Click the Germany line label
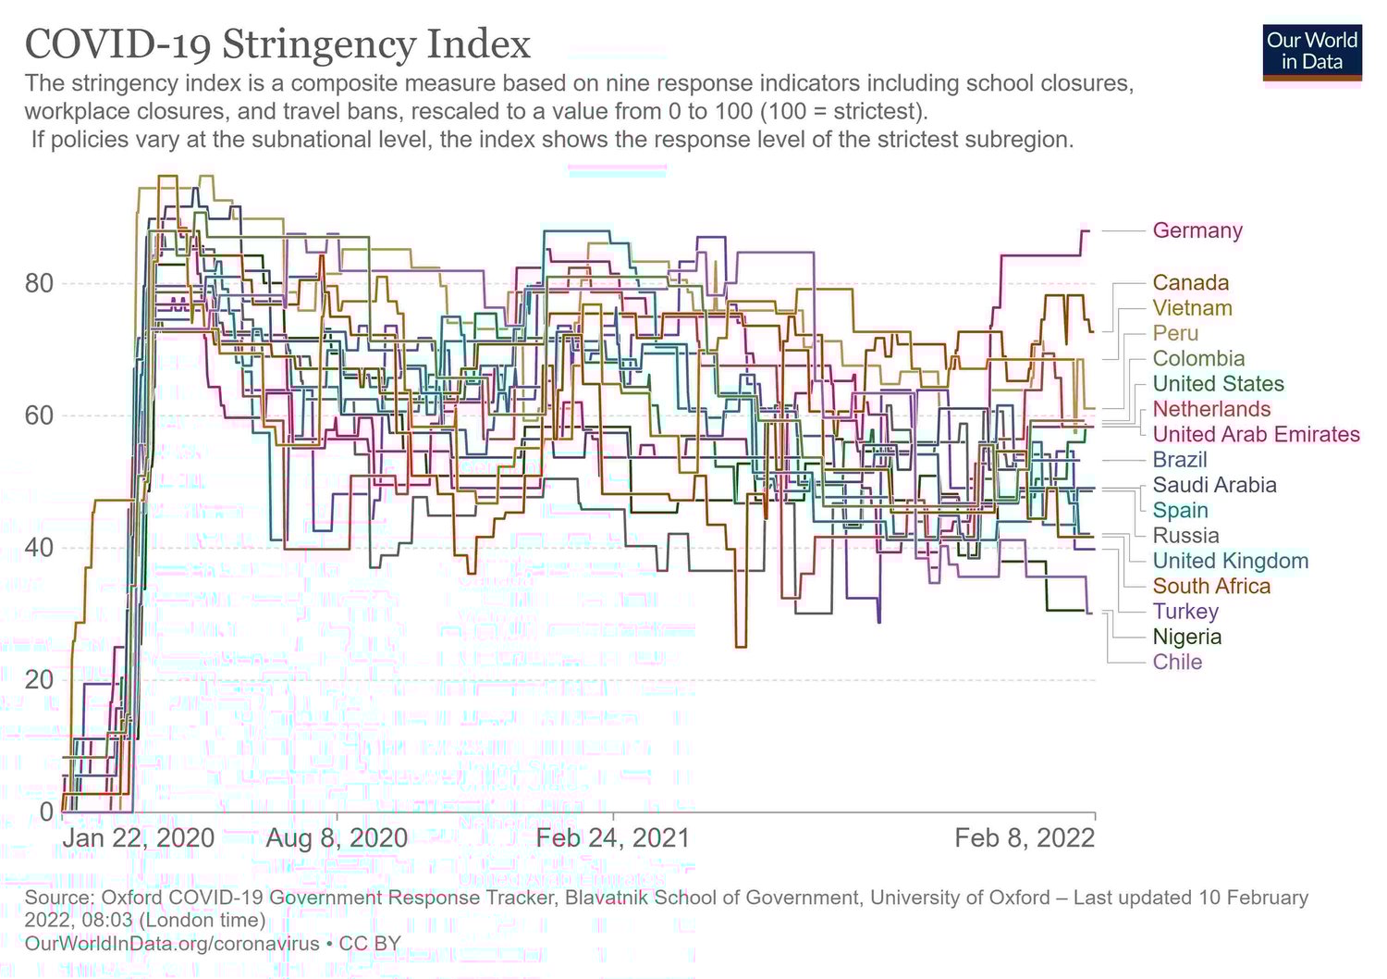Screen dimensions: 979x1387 1197,230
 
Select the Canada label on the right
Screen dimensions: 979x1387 1190,283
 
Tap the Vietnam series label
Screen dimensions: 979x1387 1192,308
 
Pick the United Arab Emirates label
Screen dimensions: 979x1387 1256,435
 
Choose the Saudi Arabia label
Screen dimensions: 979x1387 1214,485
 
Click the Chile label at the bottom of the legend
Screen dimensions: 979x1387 1177,663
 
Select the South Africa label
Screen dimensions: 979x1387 1211,587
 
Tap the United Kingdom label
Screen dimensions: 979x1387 1230,561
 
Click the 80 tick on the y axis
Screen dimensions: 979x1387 39,283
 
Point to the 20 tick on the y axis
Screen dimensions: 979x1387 39,680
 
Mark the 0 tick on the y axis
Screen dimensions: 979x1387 46,812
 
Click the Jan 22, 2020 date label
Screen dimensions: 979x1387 139,838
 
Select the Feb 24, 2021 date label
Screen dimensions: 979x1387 613,838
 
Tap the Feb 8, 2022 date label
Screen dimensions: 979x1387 1025,838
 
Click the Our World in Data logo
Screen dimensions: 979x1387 1311,52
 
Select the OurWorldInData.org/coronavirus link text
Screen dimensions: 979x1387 172,944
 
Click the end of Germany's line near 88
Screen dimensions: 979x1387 1087,230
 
